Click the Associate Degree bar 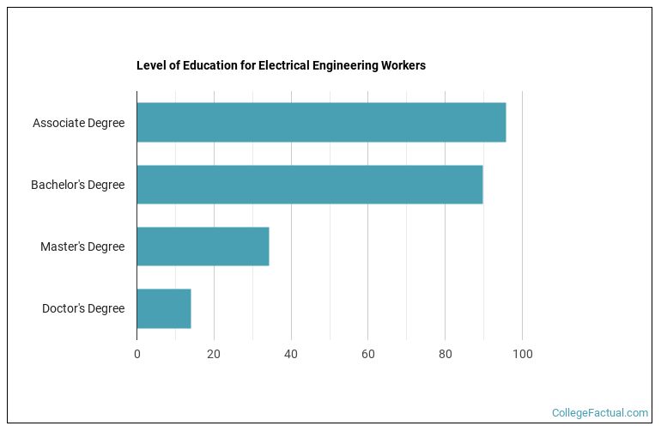point(321,123)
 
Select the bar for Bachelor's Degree point(310,185)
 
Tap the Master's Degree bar point(203,246)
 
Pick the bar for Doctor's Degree point(164,308)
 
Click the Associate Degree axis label point(78,123)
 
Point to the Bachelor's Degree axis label point(77,185)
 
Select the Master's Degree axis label point(82,246)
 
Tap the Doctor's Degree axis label point(83,308)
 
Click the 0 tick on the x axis point(137,354)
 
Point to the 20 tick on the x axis point(214,354)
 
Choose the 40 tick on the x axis point(291,354)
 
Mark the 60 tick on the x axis point(368,354)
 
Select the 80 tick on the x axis point(445,354)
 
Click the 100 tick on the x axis point(522,354)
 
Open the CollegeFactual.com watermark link point(599,413)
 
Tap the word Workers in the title point(404,65)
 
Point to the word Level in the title point(150,65)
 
